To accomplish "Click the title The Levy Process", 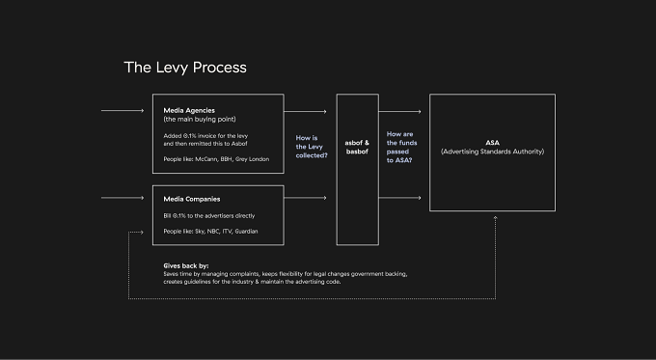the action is (185, 68).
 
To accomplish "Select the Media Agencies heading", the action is (189, 111).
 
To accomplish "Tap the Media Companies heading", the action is (192, 199).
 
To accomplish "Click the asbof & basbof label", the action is (357, 147).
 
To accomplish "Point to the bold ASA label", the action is (492, 143).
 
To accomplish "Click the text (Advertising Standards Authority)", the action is (492, 152).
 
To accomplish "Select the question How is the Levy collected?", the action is (312, 147).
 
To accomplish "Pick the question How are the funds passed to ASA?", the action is (401, 147).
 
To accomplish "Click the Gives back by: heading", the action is (186, 265).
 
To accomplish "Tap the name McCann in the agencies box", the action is (205, 159).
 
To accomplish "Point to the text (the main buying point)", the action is (200, 120).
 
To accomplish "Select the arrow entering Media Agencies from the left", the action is (123, 111).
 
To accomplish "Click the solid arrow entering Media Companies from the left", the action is (123, 198).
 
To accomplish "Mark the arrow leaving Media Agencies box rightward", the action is (306, 111).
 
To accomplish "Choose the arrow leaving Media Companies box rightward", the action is (306, 198).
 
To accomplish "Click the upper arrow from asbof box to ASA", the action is (400, 111).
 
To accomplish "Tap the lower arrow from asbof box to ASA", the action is (400, 198).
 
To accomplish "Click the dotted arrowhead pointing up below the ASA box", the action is (495, 218).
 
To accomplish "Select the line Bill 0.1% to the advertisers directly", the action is (209, 216).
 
